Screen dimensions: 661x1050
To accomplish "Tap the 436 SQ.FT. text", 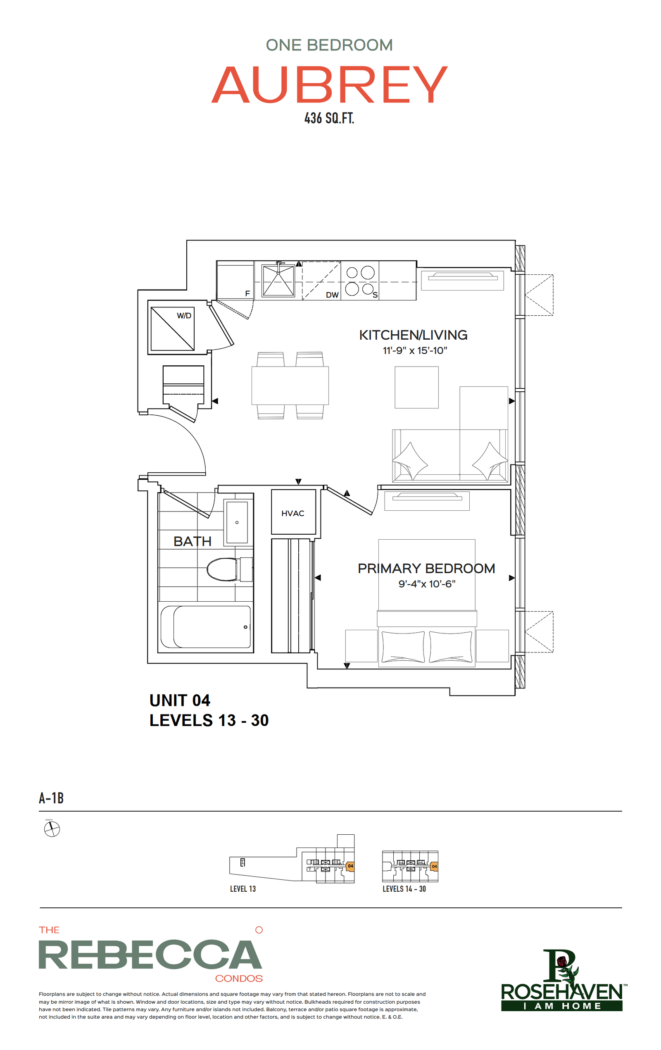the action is click(329, 118).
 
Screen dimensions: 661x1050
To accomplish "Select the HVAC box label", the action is click(292, 513).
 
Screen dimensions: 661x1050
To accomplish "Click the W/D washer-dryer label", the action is click(184, 315).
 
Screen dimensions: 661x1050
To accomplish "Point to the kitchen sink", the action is click(278, 281).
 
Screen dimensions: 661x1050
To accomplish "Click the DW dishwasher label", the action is click(332, 295).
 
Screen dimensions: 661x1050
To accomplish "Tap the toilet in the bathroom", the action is click(229, 569).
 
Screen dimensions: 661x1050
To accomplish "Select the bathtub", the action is click(205, 626).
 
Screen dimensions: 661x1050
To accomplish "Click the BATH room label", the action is click(192, 541).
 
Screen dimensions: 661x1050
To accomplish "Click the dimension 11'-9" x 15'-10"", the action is click(415, 350).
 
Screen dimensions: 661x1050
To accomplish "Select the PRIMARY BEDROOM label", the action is click(426, 568).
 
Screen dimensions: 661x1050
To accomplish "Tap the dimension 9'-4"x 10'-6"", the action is click(427, 583).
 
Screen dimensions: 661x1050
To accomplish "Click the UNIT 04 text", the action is click(180, 700).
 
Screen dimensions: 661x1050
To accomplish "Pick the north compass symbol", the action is click(52, 829).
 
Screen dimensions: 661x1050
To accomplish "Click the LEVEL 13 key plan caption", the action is click(243, 889).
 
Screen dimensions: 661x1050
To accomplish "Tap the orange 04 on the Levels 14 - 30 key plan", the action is click(434, 867).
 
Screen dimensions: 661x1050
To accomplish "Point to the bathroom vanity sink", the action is click(237, 522).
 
